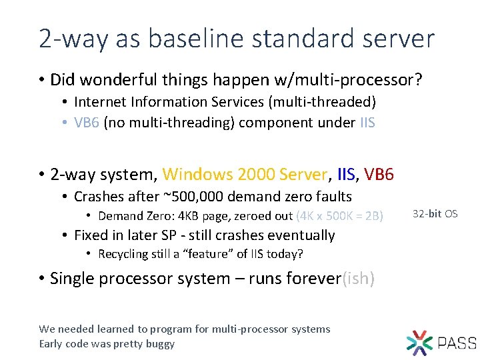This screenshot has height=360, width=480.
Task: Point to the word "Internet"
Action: [97, 102]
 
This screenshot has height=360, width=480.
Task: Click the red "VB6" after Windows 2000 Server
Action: [379, 175]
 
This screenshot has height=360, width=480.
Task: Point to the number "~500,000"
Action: [193, 196]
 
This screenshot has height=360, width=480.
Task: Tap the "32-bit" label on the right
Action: [427, 214]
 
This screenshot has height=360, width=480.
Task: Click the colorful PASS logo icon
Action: [419, 342]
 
